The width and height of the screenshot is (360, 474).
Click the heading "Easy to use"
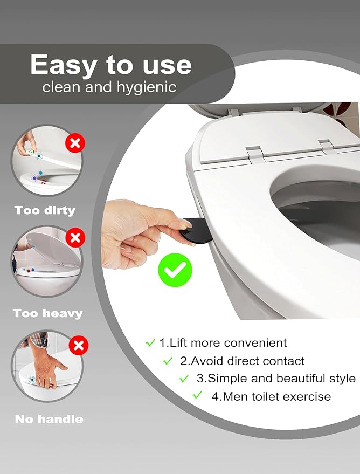pos(111,65)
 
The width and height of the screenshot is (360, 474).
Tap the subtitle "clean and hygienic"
pos(109,87)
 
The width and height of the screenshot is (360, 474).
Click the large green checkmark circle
pos(175,270)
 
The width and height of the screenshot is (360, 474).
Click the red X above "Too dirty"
pos(75,143)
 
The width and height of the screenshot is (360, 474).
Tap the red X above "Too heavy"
pos(76,237)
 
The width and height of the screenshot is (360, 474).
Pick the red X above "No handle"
pos(79,345)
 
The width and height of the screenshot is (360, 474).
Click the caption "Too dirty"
pos(45,210)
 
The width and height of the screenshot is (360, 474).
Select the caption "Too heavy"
pos(47,313)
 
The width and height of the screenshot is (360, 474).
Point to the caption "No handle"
pos(49,419)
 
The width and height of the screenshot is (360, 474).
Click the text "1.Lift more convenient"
pos(223,342)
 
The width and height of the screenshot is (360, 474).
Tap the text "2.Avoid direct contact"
pos(242,361)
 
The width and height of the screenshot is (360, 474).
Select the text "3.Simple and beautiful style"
pos(275,378)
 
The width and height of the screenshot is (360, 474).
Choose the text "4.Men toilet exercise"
pos(271,396)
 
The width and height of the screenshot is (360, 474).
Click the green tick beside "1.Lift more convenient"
pos(150,342)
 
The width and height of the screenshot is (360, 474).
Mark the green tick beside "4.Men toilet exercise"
pos(198,395)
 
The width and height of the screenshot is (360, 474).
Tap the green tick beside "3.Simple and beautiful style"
pos(184,378)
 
